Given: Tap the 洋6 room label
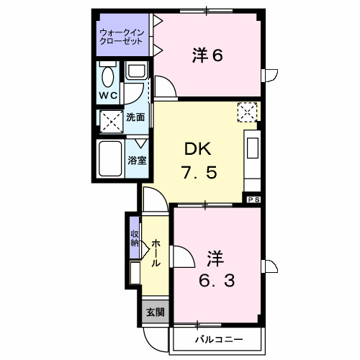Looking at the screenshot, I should (206, 55).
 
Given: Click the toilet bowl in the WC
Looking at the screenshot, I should (107, 75).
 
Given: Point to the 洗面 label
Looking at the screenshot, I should (135, 117).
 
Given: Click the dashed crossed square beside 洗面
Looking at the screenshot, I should (111, 120).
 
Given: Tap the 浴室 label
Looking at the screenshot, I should (138, 160).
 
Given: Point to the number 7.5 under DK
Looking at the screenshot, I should (197, 173).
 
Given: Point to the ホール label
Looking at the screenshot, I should (155, 253).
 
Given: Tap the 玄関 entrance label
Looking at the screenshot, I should (155, 312).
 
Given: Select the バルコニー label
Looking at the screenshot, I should (217, 338).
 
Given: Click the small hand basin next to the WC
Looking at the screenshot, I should (135, 71).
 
